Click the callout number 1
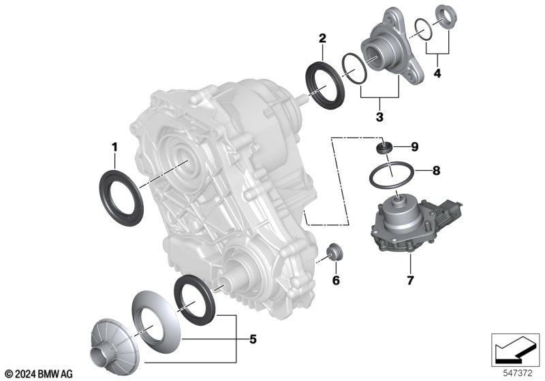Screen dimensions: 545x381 [114, 148]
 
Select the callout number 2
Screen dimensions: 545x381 [322, 38]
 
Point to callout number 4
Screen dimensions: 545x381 [437, 73]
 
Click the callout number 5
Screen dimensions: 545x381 [253, 339]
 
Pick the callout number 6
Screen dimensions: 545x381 [336, 280]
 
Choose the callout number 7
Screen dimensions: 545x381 [411, 280]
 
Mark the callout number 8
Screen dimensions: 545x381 [436, 170]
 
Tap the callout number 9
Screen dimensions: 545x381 [414, 147]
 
